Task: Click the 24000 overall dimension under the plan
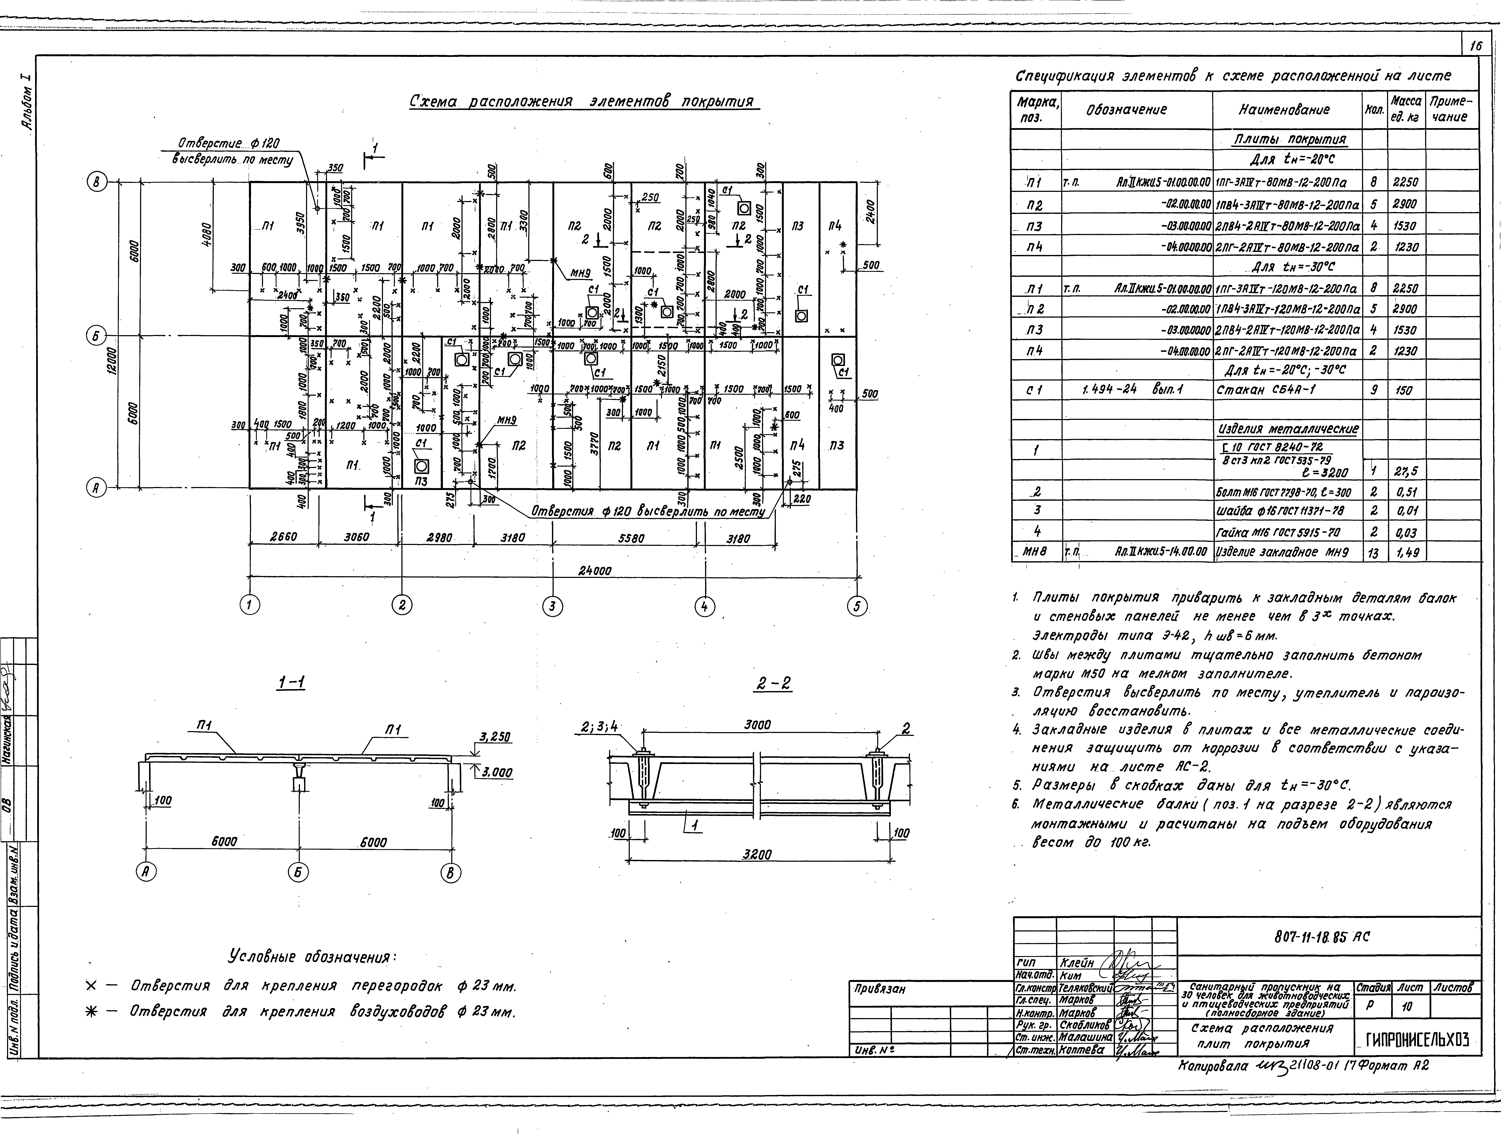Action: point(594,571)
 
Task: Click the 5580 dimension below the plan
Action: point(631,538)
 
